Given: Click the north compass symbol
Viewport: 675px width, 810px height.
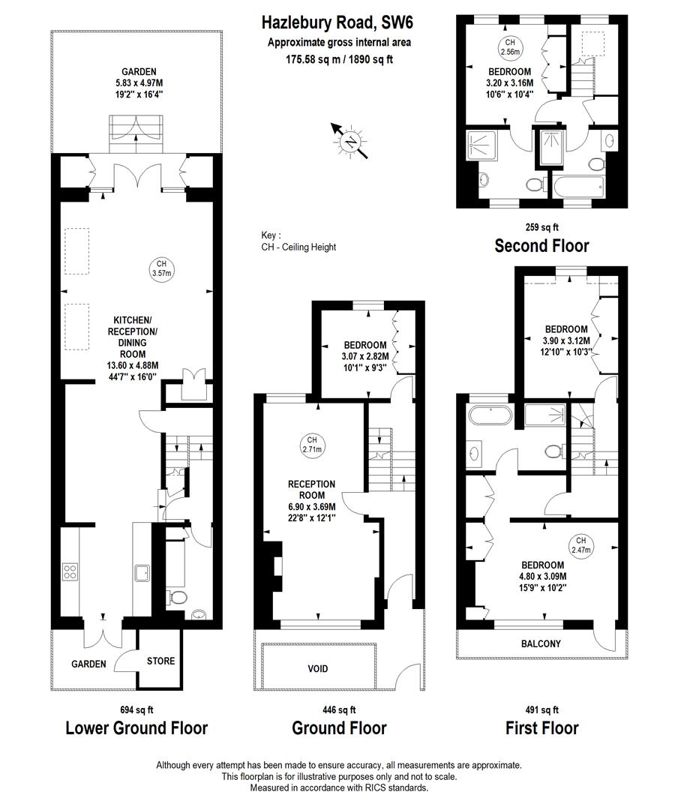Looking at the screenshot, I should [x=350, y=141].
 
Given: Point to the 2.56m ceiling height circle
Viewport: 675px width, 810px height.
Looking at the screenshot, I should [x=509, y=46].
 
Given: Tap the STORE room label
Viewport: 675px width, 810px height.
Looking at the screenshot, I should [x=160, y=661].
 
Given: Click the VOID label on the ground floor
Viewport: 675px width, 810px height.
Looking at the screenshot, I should [x=319, y=668].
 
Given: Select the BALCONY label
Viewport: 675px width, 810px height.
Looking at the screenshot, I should [x=541, y=643].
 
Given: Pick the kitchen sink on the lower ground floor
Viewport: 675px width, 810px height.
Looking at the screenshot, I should [x=141, y=574].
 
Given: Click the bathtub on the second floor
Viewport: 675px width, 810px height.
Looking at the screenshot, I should [x=577, y=187].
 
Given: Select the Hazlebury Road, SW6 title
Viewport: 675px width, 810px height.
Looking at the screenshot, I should [x=339, y=24].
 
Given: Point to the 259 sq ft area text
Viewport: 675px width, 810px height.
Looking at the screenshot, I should [x=541, y=226].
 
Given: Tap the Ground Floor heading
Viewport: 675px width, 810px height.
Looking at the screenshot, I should [x=339, y=727].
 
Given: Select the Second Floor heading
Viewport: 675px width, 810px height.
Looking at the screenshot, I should [x=541, y=245].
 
